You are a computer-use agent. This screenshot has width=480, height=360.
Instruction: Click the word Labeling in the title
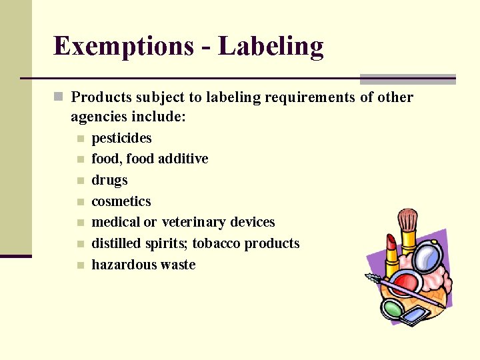[271, 47]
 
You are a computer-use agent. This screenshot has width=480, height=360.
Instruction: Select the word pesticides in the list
[121, 138]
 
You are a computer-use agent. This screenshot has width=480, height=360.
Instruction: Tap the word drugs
[109, 180]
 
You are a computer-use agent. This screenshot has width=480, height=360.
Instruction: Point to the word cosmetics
[121, 201]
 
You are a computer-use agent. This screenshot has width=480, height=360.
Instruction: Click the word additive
[184, 159]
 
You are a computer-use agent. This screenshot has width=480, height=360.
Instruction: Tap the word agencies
[99, 117]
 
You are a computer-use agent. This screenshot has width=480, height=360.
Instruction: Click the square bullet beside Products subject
[59, 97]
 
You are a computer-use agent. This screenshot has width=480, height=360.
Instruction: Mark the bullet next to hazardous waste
[80, 265]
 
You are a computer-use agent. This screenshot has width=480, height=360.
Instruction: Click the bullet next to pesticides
[80, 139]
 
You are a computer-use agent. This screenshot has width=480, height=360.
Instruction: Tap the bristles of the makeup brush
[407, 219]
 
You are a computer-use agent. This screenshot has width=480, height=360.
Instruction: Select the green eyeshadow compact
[393, 309]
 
